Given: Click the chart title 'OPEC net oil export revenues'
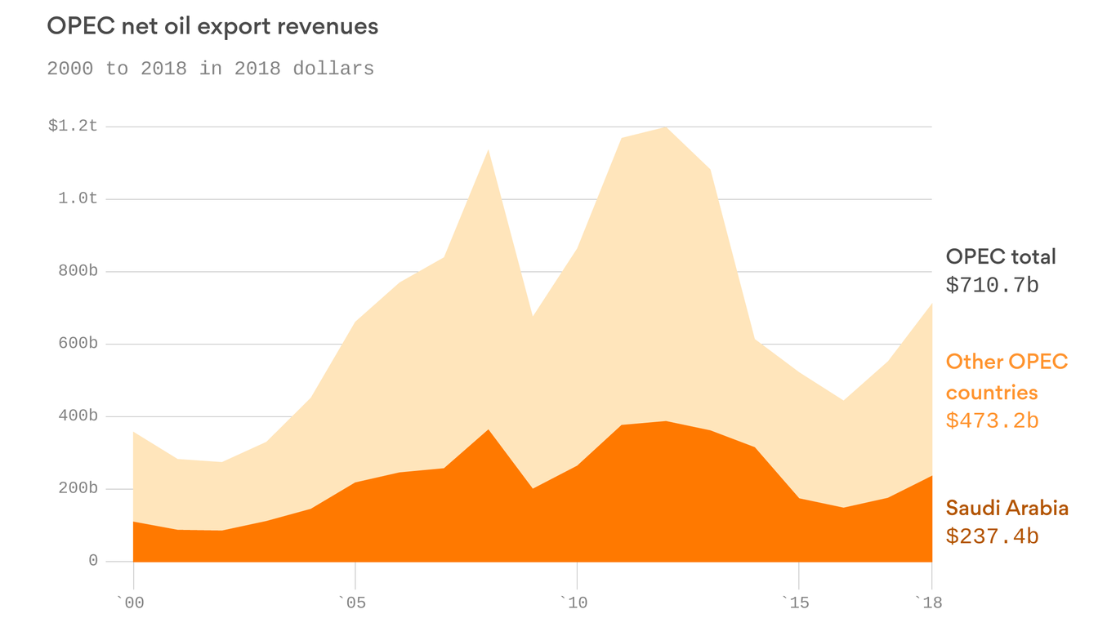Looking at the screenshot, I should (x=212, y=26).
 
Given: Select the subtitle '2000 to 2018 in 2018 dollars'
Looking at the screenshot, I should (x=210, y=69).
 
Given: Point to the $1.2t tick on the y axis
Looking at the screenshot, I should (x=73, y=126).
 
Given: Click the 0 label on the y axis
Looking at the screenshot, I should (x=93, y=561).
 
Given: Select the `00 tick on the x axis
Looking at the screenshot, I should (x=131, y=603).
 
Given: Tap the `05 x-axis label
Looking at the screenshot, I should (x=353, y=603).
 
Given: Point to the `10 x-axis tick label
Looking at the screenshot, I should (x=574, y=603).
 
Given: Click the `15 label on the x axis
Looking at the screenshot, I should (x=796, y=603).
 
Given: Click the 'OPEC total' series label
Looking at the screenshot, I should (x=1001, y=256).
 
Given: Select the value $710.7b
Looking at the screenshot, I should (x=992, y=286).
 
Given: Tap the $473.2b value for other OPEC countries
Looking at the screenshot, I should (x=992, y=421).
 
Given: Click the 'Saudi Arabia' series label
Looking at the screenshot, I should (x=1007, y=508).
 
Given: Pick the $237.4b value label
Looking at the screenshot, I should (x=992, y=536).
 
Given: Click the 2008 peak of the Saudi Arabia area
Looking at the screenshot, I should (x=488, y=430).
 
